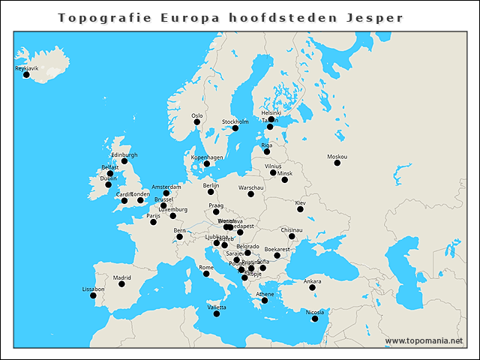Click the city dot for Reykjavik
[x=26, y=74]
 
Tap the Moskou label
[x=337, y=156]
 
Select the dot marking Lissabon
[x=94, y=295]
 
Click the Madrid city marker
[x=121, y=283]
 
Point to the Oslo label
[x=196, y=115]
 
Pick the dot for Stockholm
[x=235, y=128]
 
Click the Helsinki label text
[x=271, y=112]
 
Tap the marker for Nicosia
[x=315, y=319]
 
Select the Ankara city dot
[x=312, y=287]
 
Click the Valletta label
[x=216, y=307]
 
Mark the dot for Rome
[x=206, y=274]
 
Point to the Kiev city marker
[x=300, y=208]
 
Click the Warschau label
[x=250, y=187]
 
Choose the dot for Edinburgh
[x=124, y=161]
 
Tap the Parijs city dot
[x=153, y=222]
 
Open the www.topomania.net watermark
[x=424, y=340]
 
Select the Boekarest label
[x=277, y=248]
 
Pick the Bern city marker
[x=179, y=237]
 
